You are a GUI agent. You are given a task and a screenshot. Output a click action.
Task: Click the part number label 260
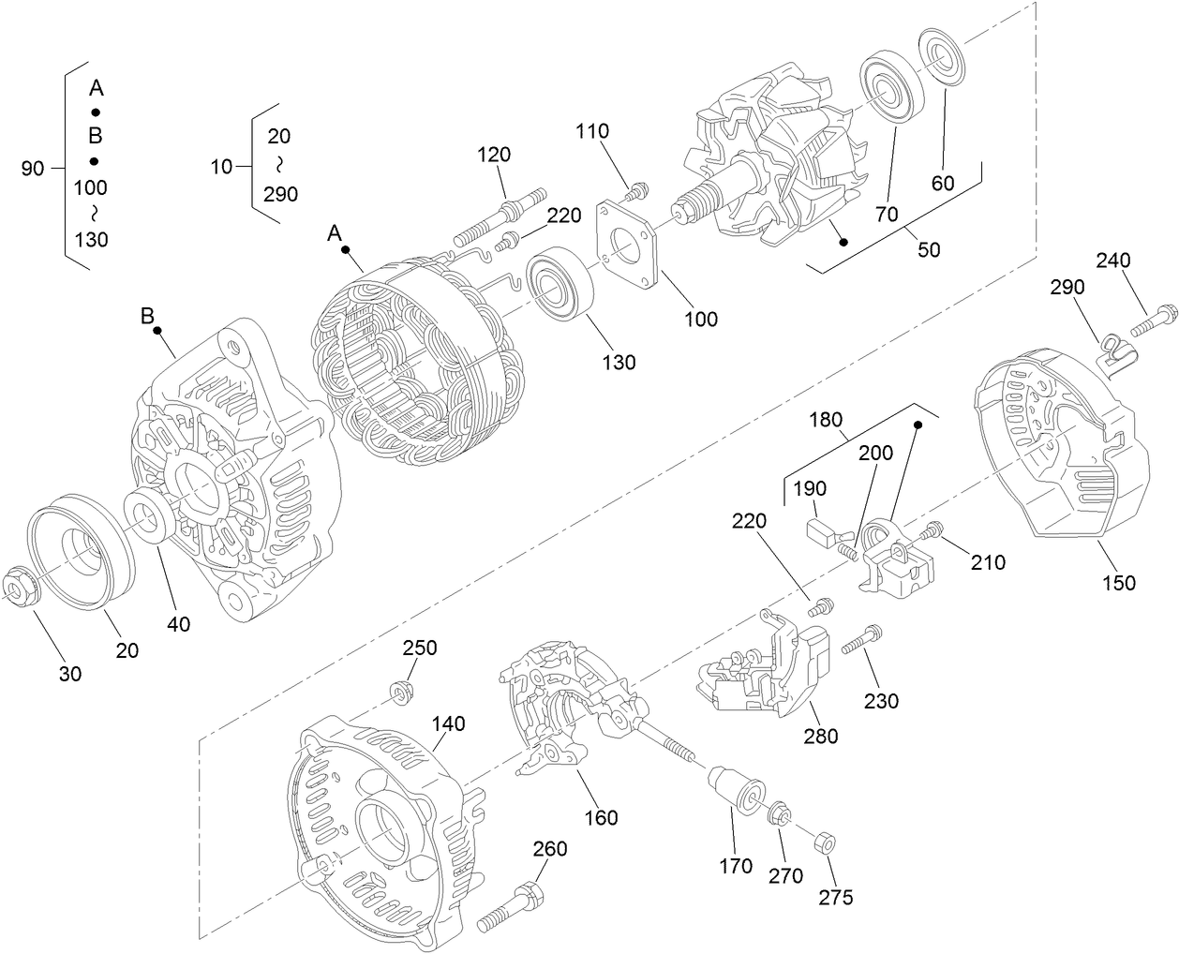549,848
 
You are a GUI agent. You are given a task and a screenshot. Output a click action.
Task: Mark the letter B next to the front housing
147,316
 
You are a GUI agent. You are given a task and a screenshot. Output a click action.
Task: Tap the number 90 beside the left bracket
33,169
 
